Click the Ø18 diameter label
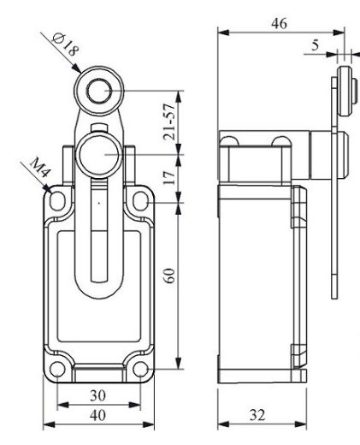click(66, 44)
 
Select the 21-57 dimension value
click(168, 122)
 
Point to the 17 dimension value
click(169, 178)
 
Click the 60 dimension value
click(170, 276)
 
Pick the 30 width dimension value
click(97, 395)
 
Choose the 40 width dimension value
click(97, 415)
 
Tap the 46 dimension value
click(279, 23)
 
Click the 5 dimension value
click(316, 45)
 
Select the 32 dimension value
click(257, 415)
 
